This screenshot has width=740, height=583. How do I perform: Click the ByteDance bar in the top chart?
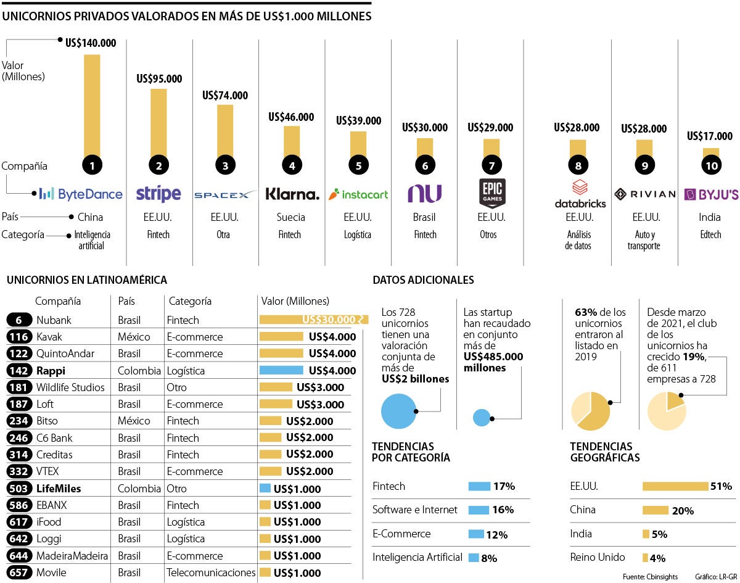(92, 105)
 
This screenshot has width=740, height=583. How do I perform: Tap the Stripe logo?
(158, 194)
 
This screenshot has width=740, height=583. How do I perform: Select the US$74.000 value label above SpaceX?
(225, 96)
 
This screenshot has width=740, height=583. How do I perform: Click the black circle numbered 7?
(491, 165)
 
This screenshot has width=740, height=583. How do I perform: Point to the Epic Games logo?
(491, 193)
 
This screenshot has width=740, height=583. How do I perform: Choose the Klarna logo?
(292, 194)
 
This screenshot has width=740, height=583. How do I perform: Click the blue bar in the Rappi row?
(281, 370)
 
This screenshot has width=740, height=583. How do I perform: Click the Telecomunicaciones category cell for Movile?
(211, 573)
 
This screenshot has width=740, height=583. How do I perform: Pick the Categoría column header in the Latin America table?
(190, 301)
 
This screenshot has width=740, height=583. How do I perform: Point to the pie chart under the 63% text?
(590, 411)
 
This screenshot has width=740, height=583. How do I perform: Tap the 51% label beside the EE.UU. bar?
(721, 486)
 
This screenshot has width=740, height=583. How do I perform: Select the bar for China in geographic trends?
(656, 510)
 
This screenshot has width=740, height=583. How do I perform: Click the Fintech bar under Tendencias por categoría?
(479, 486)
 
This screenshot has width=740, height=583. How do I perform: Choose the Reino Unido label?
(598, 557)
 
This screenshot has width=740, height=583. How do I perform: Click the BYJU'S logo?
(711, 194)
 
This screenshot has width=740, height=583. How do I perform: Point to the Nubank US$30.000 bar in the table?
(313, 320)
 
